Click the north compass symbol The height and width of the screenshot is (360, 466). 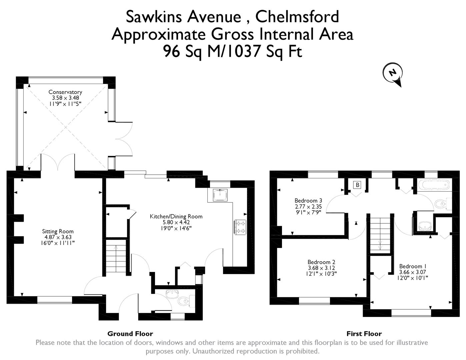(394, 73)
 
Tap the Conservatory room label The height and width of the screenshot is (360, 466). (65, 92)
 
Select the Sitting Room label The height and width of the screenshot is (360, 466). (58, 231)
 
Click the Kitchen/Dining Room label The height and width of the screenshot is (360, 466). (176, 216)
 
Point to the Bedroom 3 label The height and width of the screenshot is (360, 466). (308, 201)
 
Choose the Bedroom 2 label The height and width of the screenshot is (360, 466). (321, 262)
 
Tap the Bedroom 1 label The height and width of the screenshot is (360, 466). (413, 266)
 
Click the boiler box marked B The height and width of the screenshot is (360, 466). (357, 185)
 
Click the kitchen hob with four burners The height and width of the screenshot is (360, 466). (240, 227)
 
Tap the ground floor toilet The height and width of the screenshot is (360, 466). (184, 302)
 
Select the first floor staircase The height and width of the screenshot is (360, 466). (380, 235)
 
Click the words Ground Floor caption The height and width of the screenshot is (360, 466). (130, 334)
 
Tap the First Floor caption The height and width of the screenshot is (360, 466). (364, 334)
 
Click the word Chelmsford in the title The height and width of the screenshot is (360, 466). (297, 17)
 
